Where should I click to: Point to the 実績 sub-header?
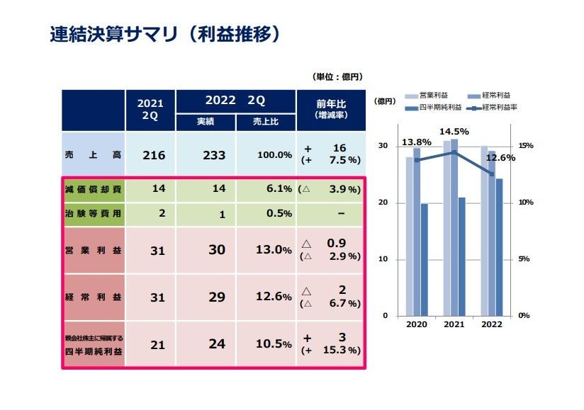206,122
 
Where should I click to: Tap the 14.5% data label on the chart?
454,132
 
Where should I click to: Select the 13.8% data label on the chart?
416,142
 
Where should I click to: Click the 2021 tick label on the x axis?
454,324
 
